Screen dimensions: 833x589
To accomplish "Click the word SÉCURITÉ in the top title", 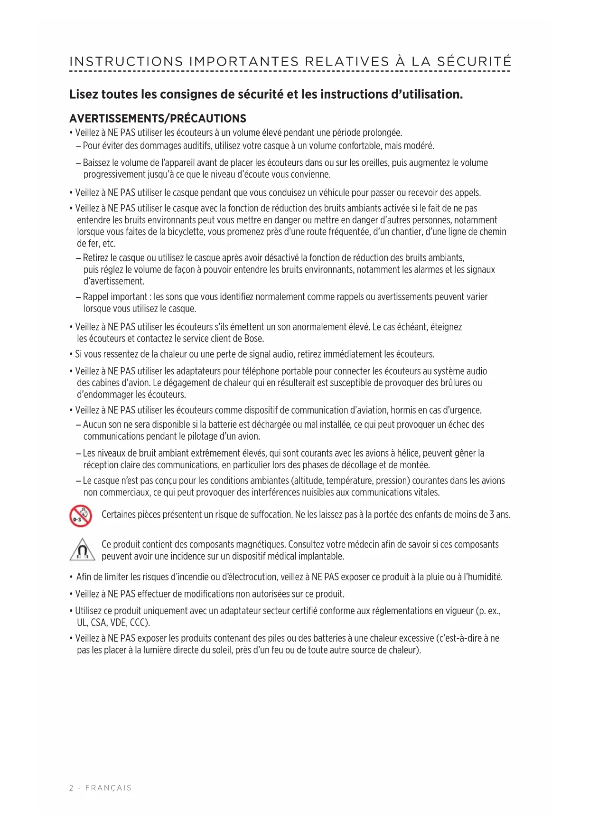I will tap(474, 62).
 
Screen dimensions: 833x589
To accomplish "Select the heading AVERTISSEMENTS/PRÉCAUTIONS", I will tap(158, 119).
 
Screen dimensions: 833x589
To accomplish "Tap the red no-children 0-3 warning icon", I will tap(81, 516).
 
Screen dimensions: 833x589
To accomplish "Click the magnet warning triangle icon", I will tap(82, 550).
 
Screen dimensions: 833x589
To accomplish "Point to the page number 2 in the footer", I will tap(71, 788).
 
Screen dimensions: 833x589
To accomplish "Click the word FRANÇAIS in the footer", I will tap(108, 788).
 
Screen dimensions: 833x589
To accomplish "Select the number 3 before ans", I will tap(492, 514).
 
